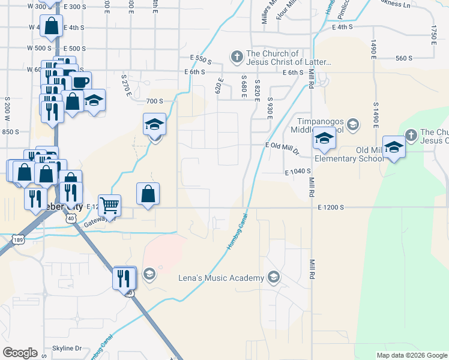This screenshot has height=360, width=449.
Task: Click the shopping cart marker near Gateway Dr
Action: (x=110, y=205)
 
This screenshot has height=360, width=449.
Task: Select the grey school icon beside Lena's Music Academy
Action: (x=274, y=277)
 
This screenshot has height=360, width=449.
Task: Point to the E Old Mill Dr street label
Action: (x=282, y=145)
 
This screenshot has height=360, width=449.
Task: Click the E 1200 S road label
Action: (x=330, y=207)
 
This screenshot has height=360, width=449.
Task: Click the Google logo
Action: (x=20, y=352)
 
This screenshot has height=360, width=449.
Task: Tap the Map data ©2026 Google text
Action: (x=411, y=355)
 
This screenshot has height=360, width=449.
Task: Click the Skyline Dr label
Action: (x=67, y=348)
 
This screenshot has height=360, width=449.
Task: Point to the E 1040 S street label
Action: (x=297, y=172)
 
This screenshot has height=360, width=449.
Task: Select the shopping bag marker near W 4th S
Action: (x=51, y=25)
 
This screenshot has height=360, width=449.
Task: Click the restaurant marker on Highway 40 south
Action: (x=124, y=277)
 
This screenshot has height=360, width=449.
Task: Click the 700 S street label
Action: (x=154, y=101)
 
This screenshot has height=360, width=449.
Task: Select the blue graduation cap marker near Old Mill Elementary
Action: (x=394, y=147)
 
